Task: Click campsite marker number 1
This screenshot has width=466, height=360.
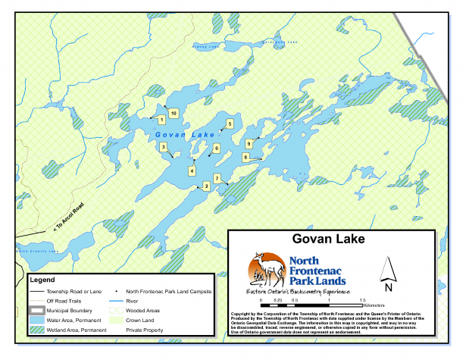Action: pos(161,119)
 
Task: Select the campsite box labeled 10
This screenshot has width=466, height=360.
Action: pos(174,113)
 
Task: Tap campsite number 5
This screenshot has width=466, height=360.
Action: pos(230,123)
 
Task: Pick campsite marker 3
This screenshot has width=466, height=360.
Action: pos(164,146)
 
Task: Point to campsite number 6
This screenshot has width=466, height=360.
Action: pos(216,148)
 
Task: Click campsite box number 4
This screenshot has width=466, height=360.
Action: pos(192,171)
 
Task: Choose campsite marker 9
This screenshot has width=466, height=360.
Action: pos(249,142)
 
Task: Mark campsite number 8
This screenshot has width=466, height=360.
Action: pos(246,157)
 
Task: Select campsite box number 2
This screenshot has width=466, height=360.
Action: pos(207,185)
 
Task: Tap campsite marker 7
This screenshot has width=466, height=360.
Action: pos(217,178)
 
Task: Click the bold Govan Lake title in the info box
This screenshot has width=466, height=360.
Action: pos(333,239)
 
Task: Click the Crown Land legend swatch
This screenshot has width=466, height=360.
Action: pos(112,321)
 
